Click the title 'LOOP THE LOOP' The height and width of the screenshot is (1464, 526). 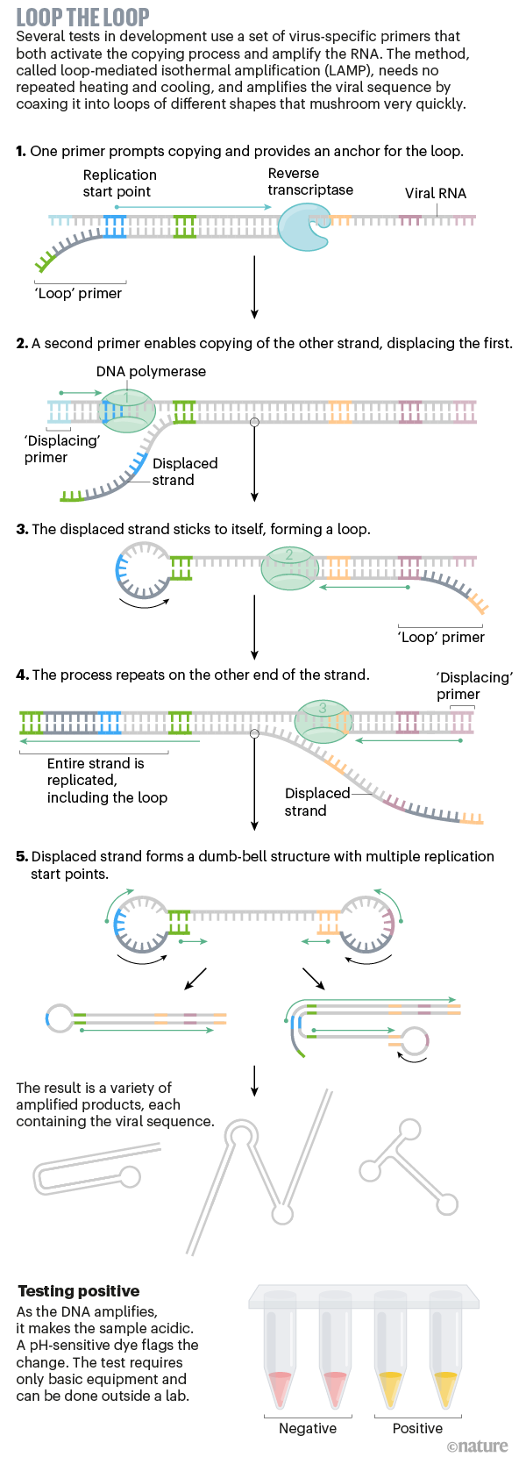click(x=82, y=17)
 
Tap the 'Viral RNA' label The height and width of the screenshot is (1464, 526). click(x=435, y=193)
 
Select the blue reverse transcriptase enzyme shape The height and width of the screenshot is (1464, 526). click(x=302, y=227)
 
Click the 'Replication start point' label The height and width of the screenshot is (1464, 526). click(x=119, y=183)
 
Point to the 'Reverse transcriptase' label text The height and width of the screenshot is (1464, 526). click(x=310, y=182)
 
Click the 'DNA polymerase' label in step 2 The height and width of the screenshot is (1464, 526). click(x=151, y=371)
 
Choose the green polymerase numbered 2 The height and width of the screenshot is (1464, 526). click(x=289, y=568)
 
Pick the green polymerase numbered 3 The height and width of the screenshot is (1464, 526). click(x=323, y=720)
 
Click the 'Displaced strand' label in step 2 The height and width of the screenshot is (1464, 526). click(x=184, y=472)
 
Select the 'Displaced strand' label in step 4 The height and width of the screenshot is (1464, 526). click(x=316, y=802)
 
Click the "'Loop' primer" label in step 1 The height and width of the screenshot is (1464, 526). click(x=78, y=293)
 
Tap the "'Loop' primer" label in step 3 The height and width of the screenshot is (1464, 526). click(x=441, y=637)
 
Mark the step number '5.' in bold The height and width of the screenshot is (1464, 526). click(x=22, y=856)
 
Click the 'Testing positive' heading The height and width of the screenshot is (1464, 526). click(x=79, y=1291)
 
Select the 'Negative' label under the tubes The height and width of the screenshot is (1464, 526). click(x=308, y=1428)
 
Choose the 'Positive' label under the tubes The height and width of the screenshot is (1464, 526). click(x=417, y=1428)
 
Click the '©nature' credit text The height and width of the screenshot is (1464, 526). click(x=477, y=1446)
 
